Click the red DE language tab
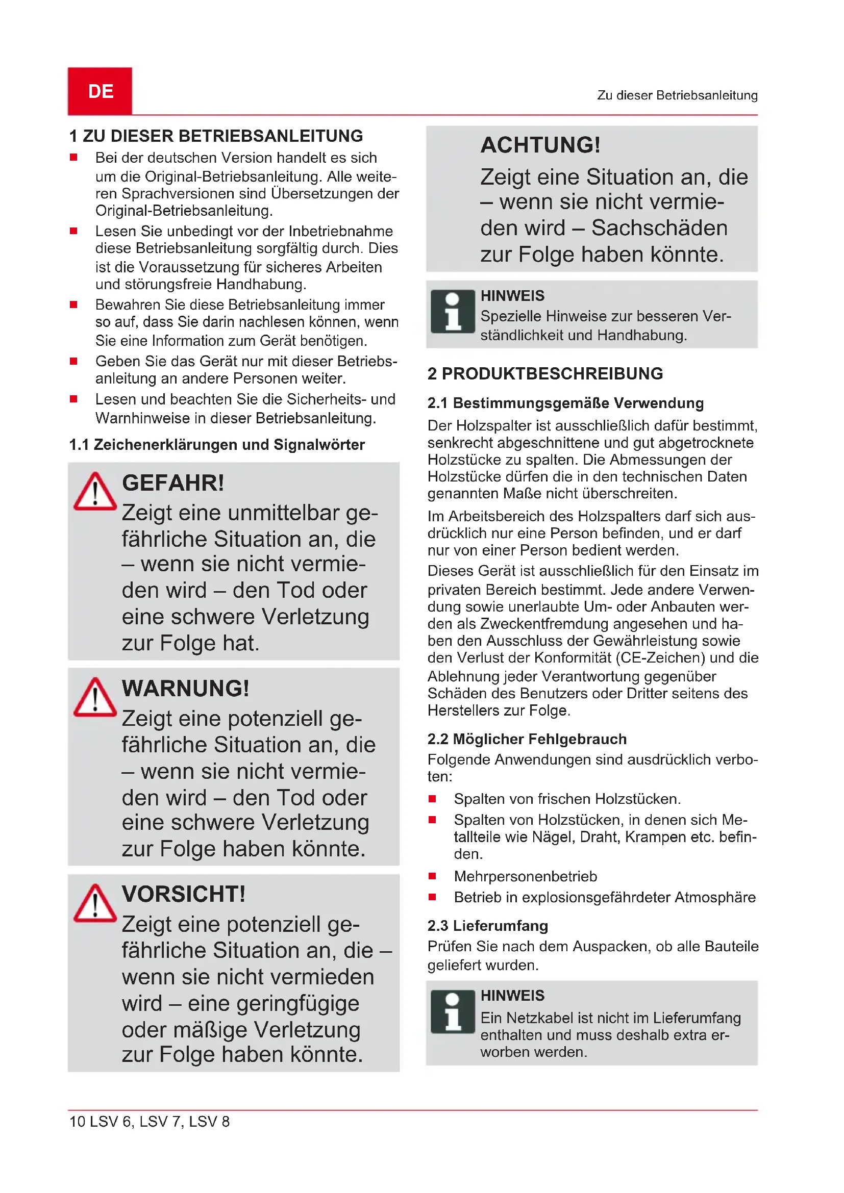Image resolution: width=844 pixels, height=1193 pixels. point(100,91)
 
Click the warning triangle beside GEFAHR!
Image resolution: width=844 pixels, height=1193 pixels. point(94,492)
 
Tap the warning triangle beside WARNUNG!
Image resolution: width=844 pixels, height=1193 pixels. point(94,697)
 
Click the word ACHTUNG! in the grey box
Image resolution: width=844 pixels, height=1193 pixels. point(540,145)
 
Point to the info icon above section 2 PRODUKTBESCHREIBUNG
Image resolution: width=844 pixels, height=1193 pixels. point(453,311)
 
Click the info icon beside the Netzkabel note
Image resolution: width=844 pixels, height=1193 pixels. point(453,1011)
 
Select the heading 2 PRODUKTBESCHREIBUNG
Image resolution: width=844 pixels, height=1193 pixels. point(545,373)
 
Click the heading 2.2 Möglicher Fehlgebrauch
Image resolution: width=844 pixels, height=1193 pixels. point(527,739)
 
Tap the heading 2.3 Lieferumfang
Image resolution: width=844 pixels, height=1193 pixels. point(487,925)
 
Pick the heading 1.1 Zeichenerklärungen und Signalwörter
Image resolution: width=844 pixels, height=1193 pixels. point(217,445)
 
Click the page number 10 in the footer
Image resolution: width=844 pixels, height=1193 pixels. point(77,1121)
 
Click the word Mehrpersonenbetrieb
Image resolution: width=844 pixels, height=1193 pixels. point(526,876)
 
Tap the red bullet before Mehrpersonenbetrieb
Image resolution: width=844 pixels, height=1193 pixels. point(432,876)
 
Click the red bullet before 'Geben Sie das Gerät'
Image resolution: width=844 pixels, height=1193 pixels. point(73,361)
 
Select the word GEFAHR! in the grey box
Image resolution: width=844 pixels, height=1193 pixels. point(173,483)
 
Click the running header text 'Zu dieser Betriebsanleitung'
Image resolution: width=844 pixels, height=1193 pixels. point(677,95)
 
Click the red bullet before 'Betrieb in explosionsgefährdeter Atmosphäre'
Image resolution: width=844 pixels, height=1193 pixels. point(432,897)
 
